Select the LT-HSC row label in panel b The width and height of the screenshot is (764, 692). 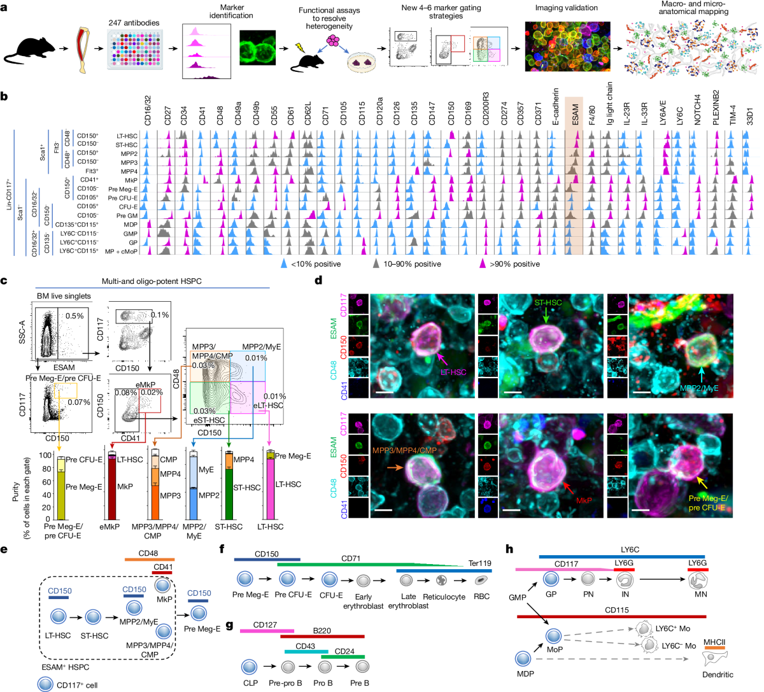point(127,136)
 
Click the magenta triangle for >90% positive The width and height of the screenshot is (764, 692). point(483,264)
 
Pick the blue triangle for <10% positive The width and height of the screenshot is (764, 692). point(284,264)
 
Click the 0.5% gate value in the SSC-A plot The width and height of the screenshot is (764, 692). point(74,316)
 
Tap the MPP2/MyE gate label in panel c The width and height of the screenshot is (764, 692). point(261,347)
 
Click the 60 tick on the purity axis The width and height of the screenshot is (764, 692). point(46,482)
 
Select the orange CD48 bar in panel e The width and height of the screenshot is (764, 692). point(149,560)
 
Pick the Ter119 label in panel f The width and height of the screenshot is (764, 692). point(480,563)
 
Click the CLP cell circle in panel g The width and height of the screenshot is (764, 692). point(250,667)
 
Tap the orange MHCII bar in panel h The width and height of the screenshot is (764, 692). point(714,648)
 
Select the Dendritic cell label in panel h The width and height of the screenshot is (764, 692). point(718,675)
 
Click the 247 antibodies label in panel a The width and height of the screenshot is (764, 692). point(134,23)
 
